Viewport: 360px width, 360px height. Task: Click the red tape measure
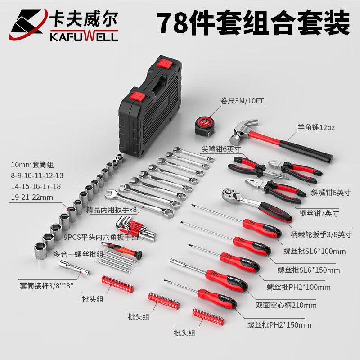click(x=205, y=126)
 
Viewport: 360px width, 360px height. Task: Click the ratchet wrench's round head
click(x=229, y=194)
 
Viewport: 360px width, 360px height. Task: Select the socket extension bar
click(x=74, y=268)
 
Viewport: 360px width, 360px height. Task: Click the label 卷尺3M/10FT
click(x=242, y=101)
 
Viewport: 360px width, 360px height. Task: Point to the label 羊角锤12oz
click(x=316, y=127)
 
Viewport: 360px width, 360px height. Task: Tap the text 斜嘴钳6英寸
click(x=331, y=193)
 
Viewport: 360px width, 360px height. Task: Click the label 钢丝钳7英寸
click(x=319, y=213)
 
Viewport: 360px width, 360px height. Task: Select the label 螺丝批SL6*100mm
click(x=315, y=251)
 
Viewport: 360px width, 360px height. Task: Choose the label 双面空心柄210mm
click(x=286, y=305)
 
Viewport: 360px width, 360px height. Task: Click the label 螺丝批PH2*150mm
click(x=279, y=325)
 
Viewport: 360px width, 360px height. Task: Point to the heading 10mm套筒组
click(x=32, y=165)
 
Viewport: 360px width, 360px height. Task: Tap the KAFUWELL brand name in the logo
click(x=84, y=36)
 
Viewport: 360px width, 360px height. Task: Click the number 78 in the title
click(x=174, y=23)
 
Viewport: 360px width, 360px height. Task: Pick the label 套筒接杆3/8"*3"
click(x=47, y=286)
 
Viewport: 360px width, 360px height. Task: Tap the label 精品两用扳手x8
click(x=111, y=210)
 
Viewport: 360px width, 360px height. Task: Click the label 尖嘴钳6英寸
click(x=221, y=149)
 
